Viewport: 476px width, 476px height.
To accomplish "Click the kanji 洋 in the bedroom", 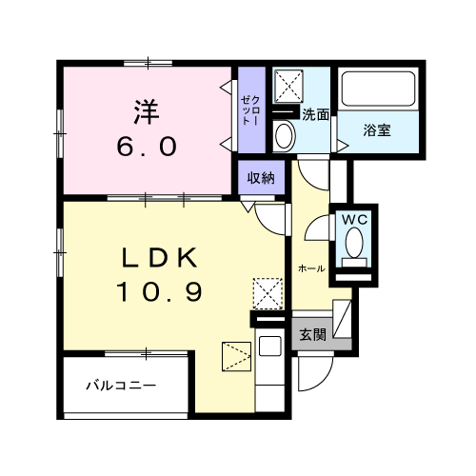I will [146, 112].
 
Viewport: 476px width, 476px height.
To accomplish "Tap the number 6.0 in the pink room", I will [146, 148].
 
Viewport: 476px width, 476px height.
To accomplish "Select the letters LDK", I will [158, 258].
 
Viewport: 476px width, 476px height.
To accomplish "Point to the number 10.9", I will [159, 292].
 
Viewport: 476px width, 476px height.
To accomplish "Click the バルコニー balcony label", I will [120, 386].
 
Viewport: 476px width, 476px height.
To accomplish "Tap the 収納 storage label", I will [262, 178].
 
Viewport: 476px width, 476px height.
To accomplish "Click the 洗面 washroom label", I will [316, 115].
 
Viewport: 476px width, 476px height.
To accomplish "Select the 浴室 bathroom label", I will [377, 131].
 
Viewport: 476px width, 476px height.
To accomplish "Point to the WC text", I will [355, 218].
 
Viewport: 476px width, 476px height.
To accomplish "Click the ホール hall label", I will [311, 269].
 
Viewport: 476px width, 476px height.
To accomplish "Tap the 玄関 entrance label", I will [313, 334].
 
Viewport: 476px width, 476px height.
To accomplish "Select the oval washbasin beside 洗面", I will [284, 135].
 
